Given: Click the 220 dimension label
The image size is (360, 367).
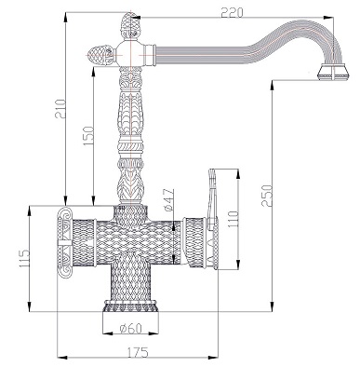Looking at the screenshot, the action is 233,12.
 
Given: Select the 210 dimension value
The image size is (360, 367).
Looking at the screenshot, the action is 60,109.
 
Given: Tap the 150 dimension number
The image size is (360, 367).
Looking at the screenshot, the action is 87,136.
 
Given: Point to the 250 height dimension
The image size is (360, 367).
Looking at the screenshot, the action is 266,196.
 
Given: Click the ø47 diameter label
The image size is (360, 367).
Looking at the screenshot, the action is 169,199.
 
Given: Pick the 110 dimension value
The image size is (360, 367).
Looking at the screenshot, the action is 233,219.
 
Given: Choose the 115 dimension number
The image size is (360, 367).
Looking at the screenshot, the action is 23,259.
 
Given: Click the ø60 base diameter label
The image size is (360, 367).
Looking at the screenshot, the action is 130,328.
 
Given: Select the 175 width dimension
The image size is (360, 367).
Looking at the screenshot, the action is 138,352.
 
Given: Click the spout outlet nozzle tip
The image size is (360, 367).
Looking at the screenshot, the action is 333,72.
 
